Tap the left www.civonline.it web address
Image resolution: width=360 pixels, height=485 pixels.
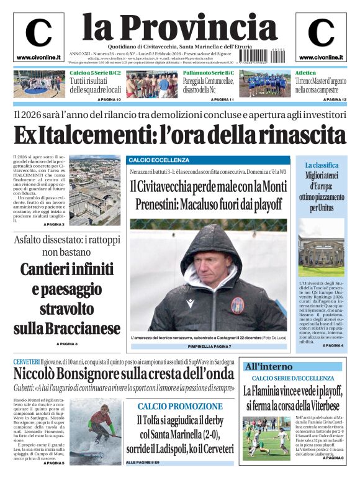[x=38, y=57]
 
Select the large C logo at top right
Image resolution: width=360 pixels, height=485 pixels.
[x=321, y=32]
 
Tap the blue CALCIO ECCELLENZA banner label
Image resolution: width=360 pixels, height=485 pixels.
[x=150, y=160]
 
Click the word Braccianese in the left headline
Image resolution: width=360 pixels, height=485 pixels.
[x=67, y=328]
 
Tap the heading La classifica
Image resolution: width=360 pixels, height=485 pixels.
[x=322, y=165]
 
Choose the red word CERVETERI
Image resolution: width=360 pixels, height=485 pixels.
[x=27, y=361]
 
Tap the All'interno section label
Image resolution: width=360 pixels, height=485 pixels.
[x=269, y=366]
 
